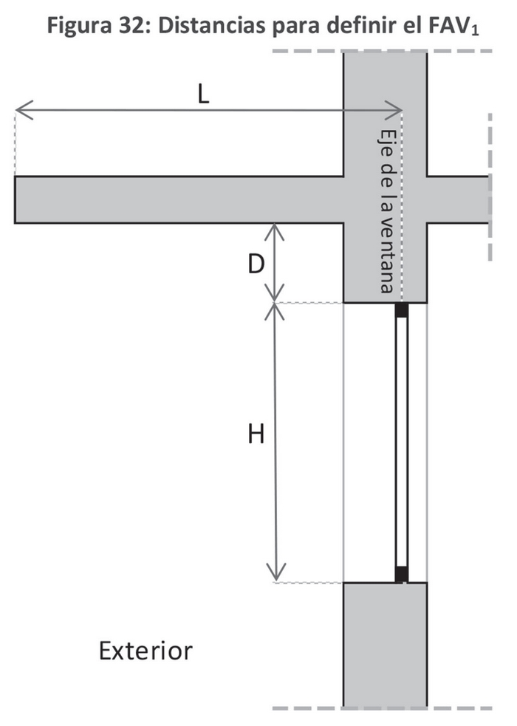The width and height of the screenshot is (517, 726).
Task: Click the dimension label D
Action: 256,264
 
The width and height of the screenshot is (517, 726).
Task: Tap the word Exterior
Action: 145,651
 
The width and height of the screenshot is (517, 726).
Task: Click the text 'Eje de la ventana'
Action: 386,211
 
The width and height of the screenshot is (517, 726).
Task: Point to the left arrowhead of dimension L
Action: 20,112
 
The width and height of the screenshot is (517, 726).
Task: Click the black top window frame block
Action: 401,310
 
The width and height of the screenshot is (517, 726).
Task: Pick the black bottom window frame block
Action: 401,574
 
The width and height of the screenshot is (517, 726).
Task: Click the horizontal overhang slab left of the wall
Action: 177,199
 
